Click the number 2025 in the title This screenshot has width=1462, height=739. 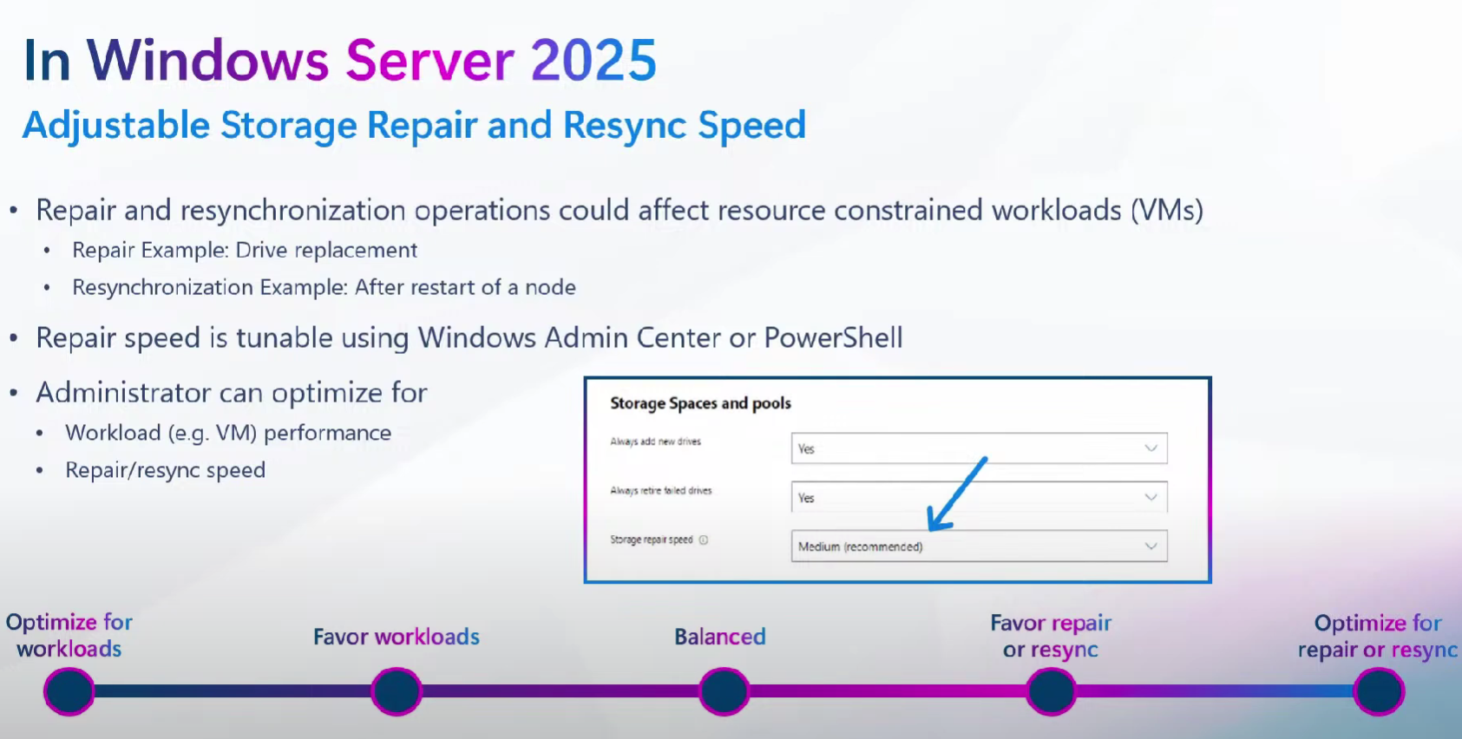tap(593, 60)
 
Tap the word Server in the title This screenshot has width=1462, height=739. tap(429, 60)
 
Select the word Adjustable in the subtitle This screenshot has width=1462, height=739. tap(115, 125)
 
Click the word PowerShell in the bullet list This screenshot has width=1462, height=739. tap(834, 338)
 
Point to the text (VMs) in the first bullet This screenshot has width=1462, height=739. tap(1167, 211)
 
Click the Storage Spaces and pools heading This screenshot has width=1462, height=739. tap(700, 403)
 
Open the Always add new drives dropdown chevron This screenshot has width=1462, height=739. tap(1151, 448)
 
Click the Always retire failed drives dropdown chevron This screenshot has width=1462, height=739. tap(1151, 497)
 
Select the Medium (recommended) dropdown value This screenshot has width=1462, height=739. tap(860, 546)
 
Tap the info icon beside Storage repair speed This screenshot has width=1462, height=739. tap(704, 540)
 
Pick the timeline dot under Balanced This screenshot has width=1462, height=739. tap(724, 691)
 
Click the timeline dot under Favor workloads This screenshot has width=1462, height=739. tap(397, 691)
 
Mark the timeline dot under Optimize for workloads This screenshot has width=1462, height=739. tap(69, 691)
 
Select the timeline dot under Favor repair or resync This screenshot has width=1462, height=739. tap(1051, 691)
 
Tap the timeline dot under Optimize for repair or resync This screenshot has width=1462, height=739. tap(1379, 691)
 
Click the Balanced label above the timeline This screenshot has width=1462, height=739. tap(720, 637)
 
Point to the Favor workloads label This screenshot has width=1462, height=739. tap(397, 637)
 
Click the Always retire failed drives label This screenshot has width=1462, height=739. tap(660, 490)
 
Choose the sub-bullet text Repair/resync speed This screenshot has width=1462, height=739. tap(165, 470)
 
